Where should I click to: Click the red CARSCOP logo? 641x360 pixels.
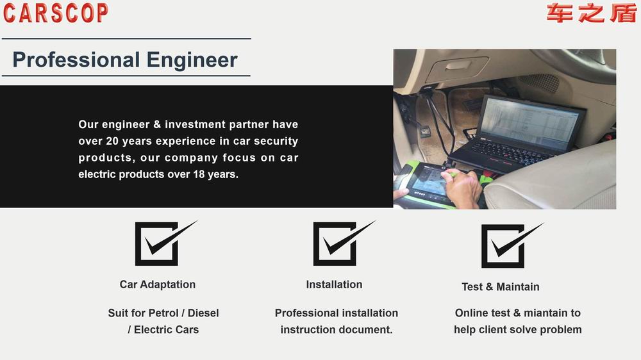(x=56, y=13)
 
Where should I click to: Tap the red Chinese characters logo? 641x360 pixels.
(x=591, y=13)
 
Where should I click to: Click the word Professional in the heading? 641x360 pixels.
(x=76, y=60)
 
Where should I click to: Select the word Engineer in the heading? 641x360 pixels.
(x=192, y=60)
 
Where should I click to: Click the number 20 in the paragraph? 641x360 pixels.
(x=112, y=141)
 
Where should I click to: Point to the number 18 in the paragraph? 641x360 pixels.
(x=199, y=174)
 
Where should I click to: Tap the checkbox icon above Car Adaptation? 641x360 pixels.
(x=165, y=243)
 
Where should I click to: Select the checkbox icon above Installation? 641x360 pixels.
(x=344, y=243)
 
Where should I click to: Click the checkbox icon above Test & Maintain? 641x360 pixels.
(x=512, y=245)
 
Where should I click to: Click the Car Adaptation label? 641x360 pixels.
(x=158, y=284)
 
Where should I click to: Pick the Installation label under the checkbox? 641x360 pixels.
(x=334, y=284)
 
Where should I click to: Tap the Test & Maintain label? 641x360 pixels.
(x=501, y=287)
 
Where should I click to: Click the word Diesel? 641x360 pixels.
(x=203, y=313)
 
